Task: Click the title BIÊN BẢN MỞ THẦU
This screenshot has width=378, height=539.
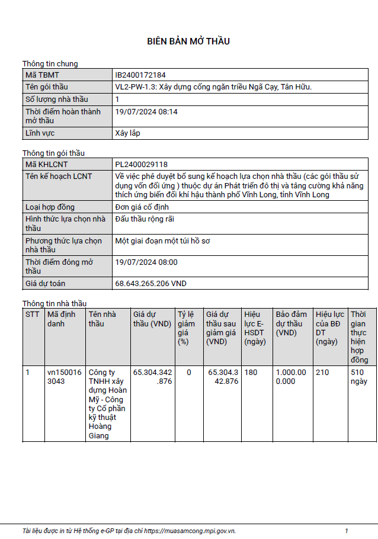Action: (188, 41)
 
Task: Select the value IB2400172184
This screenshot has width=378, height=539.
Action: (140, 75)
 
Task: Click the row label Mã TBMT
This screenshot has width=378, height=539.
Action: (42, 75)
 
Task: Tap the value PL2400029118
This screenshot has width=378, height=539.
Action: (141, 164)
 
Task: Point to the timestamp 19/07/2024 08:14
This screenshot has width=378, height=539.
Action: (146, 111)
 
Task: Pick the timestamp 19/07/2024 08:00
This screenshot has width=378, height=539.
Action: (146, 262)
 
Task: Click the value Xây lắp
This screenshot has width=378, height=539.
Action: (127, 133)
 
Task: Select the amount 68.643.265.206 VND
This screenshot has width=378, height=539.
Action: (150, 284)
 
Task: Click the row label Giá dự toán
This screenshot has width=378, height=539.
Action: (46, 284)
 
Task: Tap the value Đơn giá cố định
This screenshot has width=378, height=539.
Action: (142, 207)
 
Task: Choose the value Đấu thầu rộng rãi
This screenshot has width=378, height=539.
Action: (145, 219)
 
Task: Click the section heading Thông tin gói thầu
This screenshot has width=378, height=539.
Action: (53, 153)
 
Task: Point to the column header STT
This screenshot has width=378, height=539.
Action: (33, 315)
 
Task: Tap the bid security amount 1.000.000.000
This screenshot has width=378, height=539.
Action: (291, 377)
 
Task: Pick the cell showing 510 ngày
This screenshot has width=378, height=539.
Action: (357, 377)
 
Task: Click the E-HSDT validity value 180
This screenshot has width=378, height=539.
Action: (251, 373)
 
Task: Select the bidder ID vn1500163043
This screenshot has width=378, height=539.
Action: (65, 377)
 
